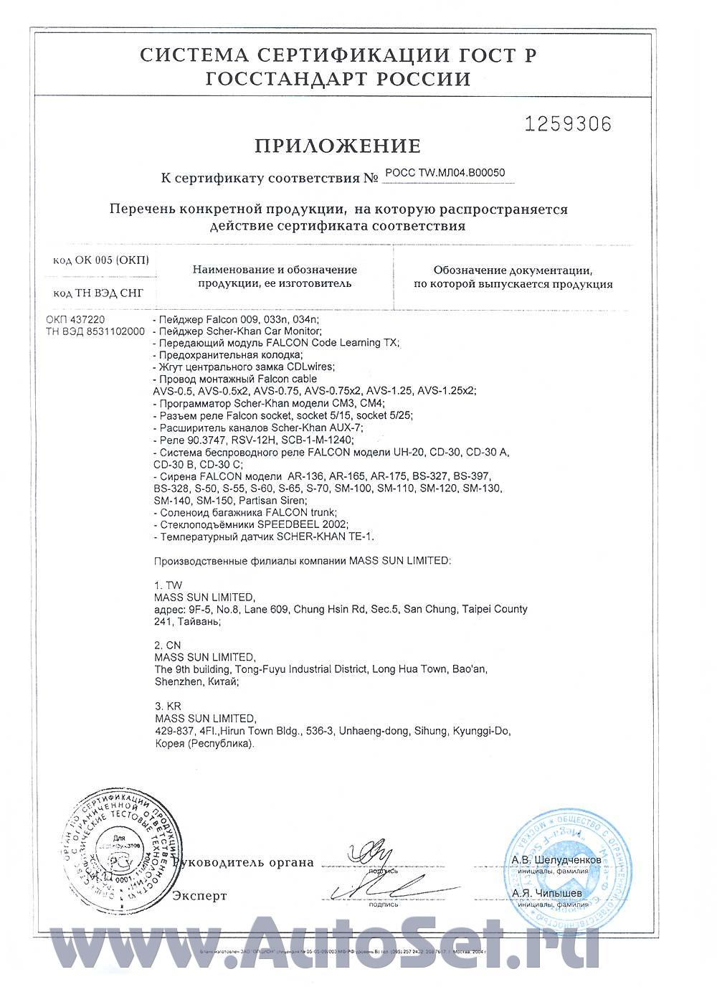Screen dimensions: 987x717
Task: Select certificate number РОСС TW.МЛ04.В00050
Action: pyautogui.click(x=445, y=172)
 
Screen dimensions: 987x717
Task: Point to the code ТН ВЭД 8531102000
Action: pyautogui.click(x=95, y=331)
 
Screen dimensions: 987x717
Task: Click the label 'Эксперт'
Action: pyautogui.click(x=199, y=896)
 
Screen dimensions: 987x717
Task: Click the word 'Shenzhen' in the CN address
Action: pyautogui.click(x=176, y=681)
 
